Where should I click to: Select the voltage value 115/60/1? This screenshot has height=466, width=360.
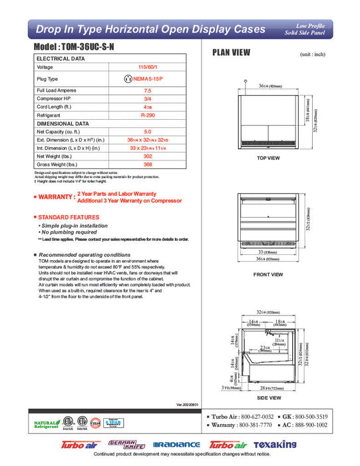pos(148,67)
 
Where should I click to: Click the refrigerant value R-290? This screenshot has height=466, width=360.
pos(148,115)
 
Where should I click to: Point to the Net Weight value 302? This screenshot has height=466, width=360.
pos(148,156)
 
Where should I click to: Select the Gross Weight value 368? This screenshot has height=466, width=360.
pos(148,164)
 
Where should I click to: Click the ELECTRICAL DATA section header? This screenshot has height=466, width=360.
pos(61,59)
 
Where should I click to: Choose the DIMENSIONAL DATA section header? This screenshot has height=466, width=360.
pos(63,124)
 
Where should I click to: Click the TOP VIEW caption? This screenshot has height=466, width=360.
pos(268,158)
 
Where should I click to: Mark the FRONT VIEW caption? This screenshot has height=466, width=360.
pos(268,274)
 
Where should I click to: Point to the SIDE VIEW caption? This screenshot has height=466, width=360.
pos(268,396)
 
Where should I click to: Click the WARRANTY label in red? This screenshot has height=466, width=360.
pos(55,197)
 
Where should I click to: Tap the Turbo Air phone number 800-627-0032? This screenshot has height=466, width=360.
pos(255,415)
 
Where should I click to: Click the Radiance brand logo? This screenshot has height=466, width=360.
pos(176,445)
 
